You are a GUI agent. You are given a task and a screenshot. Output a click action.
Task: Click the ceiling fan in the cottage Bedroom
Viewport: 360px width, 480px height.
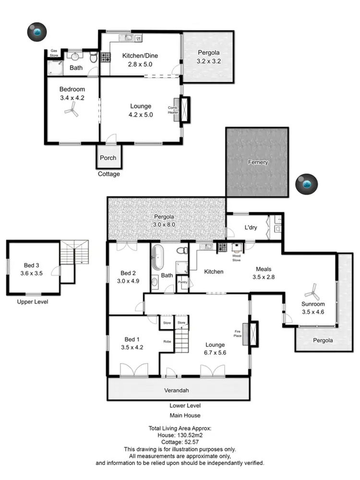coord(72,111)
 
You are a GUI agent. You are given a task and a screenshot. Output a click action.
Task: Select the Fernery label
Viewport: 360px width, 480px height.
coord(258,162)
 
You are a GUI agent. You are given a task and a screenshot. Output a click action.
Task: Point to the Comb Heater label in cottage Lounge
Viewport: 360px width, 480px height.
coord(173,110)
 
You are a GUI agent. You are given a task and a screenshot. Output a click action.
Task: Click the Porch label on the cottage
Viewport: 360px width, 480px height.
coord(108,158)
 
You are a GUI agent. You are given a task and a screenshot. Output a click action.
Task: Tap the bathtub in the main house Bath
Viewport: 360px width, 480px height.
coord(158,258)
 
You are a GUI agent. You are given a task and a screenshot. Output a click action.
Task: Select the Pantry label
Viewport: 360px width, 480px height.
coord(182,282)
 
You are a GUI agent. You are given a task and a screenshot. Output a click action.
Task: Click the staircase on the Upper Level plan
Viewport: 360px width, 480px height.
coord(75,253)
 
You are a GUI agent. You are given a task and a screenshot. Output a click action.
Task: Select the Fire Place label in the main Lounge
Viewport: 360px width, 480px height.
coord(238,333)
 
